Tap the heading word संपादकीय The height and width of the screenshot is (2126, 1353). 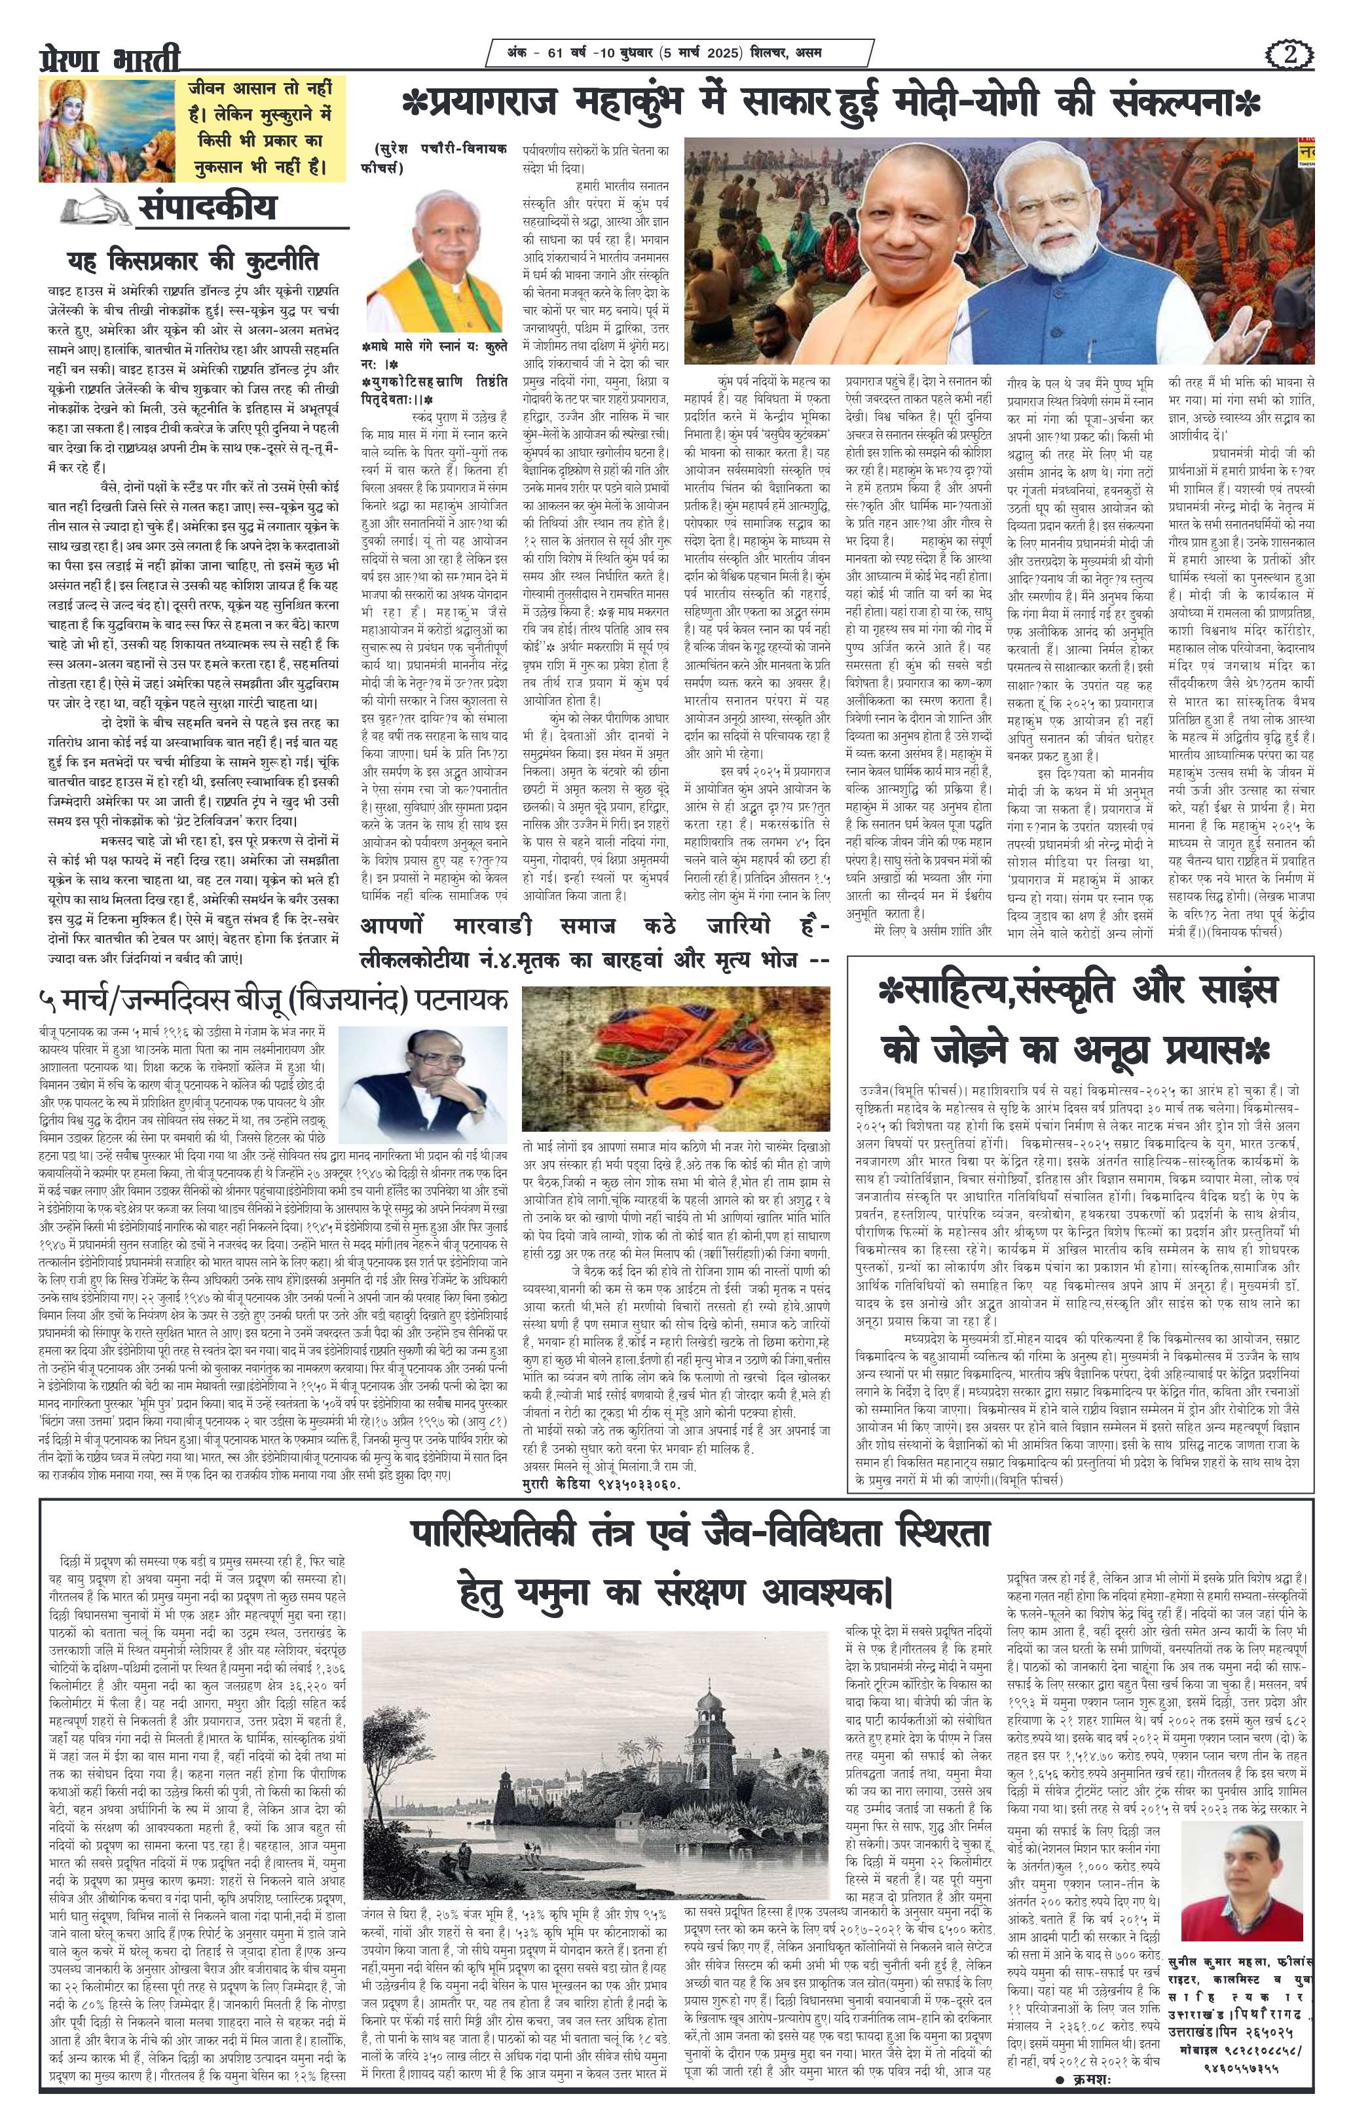point(207,207)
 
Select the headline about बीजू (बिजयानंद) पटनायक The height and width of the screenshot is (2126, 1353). point(273,1000)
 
